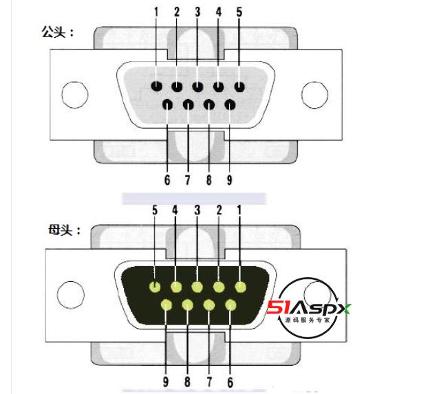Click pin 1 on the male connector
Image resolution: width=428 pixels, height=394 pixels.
(x=157, y=87)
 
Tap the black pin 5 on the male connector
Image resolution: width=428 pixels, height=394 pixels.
(x=239, y=87)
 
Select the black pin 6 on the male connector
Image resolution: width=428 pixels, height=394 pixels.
(x=167, y=105)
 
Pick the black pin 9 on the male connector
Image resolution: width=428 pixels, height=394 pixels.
(x=229, y=105)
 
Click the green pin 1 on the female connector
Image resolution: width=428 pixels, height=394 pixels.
(x=240, y=287)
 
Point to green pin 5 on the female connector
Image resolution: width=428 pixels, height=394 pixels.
(x=156, y=287)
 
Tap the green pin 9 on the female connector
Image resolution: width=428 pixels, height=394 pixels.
(x=166, y=305)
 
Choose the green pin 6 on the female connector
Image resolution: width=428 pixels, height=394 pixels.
(x=231, y=305)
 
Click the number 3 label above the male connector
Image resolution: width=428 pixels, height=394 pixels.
(x=197, y=12)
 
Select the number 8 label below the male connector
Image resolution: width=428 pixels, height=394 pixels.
(x=208, y=181)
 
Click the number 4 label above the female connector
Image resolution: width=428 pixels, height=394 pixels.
(x=175, y=210)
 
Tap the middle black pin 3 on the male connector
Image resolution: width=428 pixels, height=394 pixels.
(x=198, y=87)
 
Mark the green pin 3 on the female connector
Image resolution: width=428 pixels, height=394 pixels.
(x=198, y=287)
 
